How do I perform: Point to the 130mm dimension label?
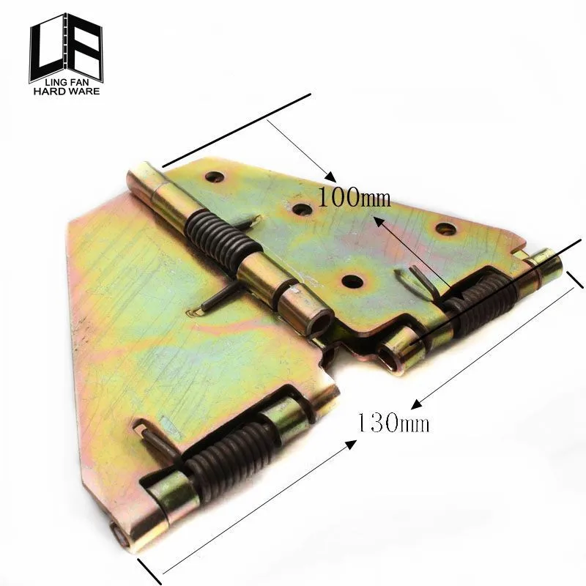tap(393, 423)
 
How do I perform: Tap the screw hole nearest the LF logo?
tap(214, 177)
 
